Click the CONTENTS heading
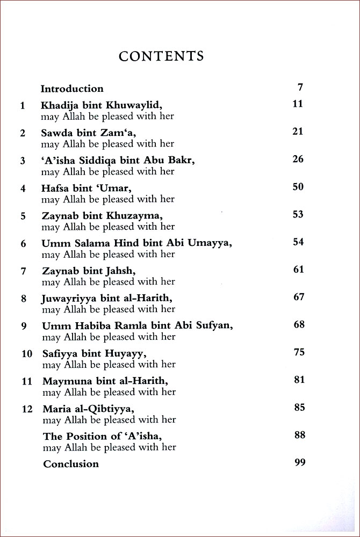tap(161, 56)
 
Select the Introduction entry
tap(72, 89)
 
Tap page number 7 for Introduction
tap(300, 86)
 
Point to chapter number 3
tap(23, 161)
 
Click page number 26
tap(298, 159)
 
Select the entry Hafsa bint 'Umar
tap(87, 188)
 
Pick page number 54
tap(298, 242)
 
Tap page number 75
tap(299, 352)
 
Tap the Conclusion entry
tap(71, 464)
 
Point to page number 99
tap(300, 462)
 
